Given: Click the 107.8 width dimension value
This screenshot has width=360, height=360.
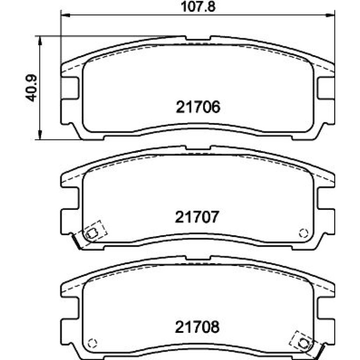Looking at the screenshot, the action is click(198, 7).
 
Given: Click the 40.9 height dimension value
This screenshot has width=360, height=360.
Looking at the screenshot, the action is click(31, 88).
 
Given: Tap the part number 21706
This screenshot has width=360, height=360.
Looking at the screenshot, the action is click(198, 107).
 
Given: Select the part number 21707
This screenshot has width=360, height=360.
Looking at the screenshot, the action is click(197, 217).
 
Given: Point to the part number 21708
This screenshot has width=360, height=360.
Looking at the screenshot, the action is click(197, 327).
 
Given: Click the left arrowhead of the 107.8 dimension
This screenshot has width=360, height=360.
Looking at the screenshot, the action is click(65, 15).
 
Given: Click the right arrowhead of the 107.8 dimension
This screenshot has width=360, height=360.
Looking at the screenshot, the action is click(331, 15).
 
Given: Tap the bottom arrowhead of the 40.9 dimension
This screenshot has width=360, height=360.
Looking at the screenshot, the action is click(40, 135).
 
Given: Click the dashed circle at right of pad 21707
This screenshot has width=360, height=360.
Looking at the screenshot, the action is click(303, 233).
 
